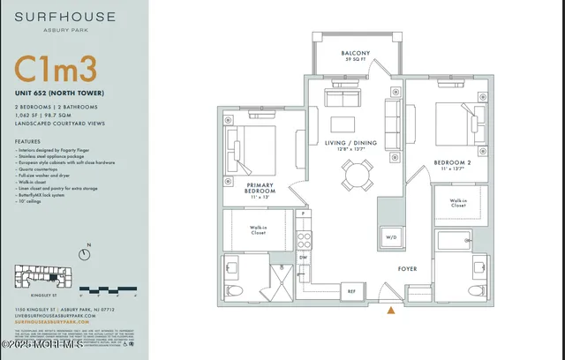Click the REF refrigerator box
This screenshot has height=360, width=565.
pos(350,290)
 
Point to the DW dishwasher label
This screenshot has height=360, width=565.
pos(303,257)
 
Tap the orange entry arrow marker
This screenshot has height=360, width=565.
pos(391,310)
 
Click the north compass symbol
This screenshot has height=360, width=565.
pos(84,254)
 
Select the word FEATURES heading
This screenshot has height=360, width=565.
pos(27,140)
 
